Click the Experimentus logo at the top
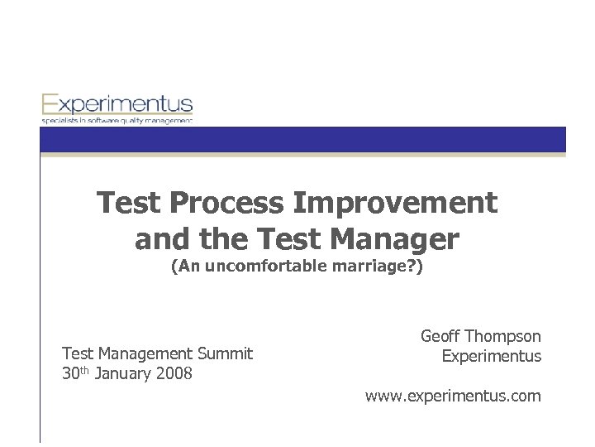(x=117, y=105)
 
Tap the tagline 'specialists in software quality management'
(x=117, y=121)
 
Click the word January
(x=123, y=373)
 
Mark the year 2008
(x=174, y=373)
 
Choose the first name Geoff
(x=440, y=337)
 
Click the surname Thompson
(x=503, y=337)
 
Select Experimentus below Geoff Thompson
(x=492, y=357)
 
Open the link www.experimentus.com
(x=454, y=397)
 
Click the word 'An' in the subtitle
(x=186, y=268)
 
